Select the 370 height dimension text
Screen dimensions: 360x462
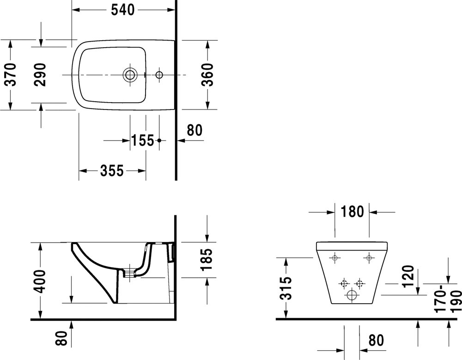pos(10,75)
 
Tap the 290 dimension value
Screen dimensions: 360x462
pos(41,75)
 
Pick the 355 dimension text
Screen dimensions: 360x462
pos(112,171)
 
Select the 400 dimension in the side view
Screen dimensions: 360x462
pos(41,281)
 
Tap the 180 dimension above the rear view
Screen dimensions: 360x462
pos(352,212)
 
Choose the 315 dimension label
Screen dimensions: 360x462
pos(286,288)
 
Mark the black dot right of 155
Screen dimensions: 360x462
pos(159,140)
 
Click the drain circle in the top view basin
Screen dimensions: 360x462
pos(130,74)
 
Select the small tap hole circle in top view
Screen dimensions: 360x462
pos(159,74)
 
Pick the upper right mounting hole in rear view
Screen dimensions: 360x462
pos(369,258)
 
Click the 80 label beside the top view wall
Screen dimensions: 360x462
pos(195,131)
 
